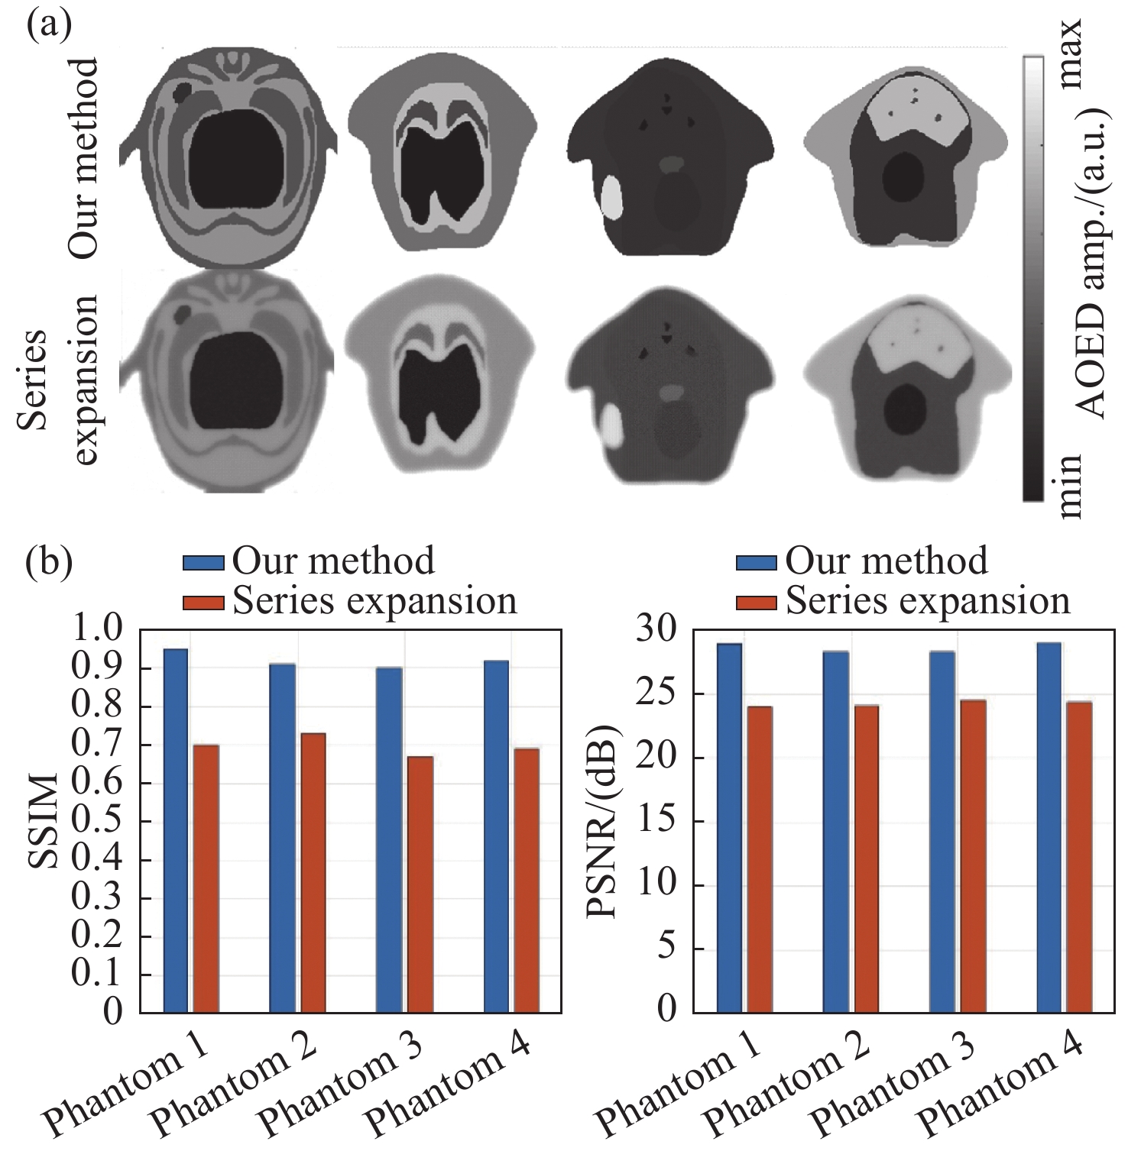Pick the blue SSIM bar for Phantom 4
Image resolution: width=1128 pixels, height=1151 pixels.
pos(496,836)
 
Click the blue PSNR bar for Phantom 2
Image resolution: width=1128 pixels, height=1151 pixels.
pos(836,832)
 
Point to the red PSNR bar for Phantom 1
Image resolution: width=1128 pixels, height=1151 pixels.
pos(760,859)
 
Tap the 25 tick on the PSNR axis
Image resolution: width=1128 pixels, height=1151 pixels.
pos(660,694)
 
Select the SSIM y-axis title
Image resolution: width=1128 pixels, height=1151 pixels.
pos(44,821)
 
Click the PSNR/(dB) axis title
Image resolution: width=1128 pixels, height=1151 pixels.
pos(604,821)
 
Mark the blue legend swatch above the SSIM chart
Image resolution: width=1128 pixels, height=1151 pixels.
pos(203,563)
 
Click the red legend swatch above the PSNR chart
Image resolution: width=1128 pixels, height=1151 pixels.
pos(757,603)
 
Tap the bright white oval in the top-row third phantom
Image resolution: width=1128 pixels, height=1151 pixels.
pos(613,197)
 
